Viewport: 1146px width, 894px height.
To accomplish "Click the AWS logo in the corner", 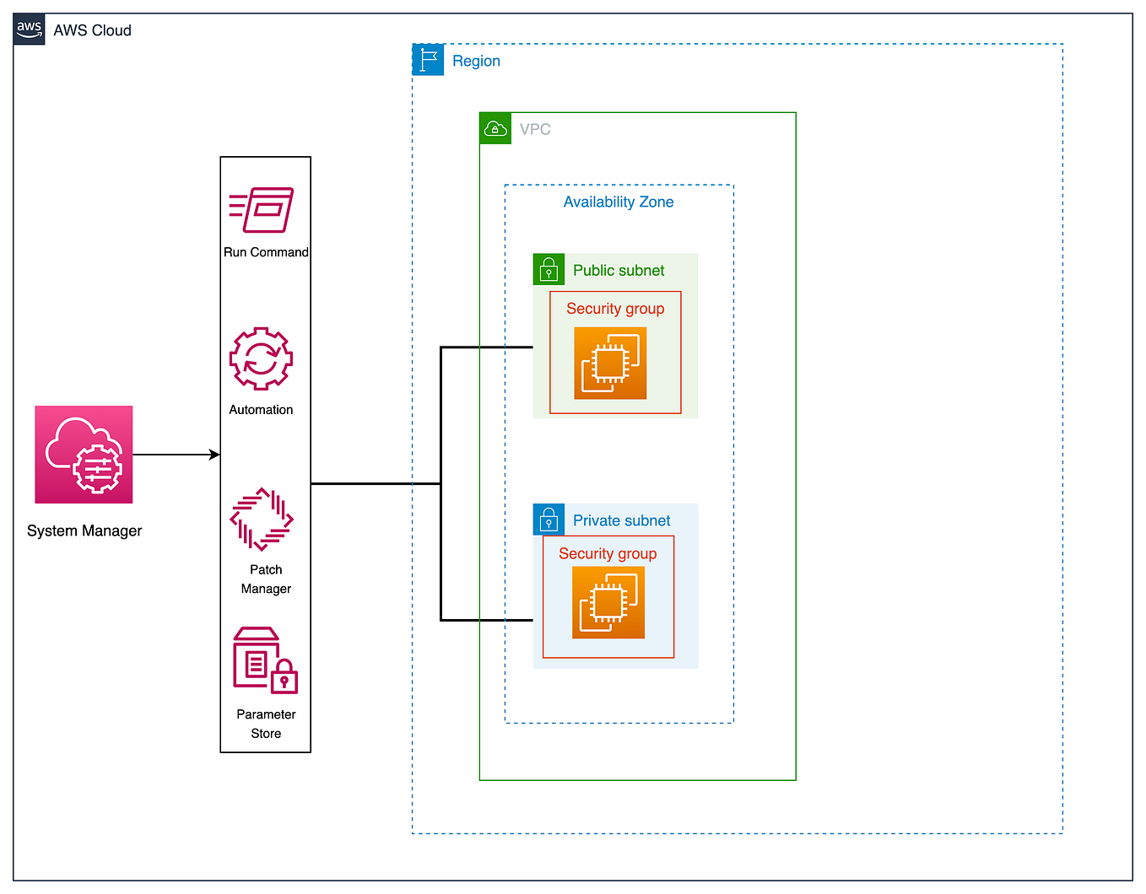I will (x=29, y=30).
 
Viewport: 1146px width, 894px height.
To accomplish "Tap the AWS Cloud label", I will (x=92, y=30).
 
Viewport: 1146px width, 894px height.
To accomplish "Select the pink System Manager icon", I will (x=84, y=455).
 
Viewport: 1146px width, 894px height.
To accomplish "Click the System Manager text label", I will (x=84, y=530).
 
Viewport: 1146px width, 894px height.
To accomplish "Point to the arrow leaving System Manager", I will (x=176, y=455).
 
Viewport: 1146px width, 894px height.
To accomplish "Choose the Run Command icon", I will (x=262, y=210).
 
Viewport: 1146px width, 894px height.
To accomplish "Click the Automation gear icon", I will (x=261, y=359).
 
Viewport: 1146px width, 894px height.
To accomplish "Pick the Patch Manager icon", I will (x=262, y=519).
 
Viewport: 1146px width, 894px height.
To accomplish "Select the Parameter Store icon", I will (x=265, y=660).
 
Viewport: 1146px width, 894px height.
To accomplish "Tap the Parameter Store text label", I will (x=266, y=724).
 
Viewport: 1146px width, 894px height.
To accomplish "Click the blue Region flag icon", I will (x=428, y=60).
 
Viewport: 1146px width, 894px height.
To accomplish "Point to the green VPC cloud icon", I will (x=495, y=128).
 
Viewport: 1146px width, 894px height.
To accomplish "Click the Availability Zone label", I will (x=619, y=202).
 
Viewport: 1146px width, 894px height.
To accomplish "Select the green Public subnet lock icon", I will (x=549, y=270).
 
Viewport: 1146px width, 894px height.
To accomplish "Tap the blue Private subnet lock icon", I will (x=549, y=520).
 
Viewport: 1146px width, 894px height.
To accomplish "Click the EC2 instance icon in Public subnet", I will (x=610, y=364).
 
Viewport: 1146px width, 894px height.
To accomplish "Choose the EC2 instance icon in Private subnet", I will (x=608, y=602).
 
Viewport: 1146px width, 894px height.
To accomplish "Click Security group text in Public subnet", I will (x=615, y=309).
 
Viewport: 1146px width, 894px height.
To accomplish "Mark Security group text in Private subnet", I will (x=608, y=553).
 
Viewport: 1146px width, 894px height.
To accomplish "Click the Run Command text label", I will (x=266, y=252).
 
